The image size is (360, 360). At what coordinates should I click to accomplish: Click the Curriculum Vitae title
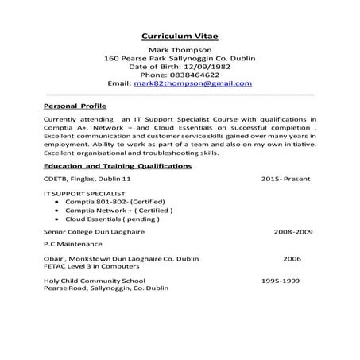179,37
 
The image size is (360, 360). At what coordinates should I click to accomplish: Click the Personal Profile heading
75,105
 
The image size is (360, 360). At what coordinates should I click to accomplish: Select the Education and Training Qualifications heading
118,166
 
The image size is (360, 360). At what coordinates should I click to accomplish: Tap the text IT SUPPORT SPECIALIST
84,194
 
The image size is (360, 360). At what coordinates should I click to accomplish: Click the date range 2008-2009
292,232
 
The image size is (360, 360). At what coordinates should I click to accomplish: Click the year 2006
292,258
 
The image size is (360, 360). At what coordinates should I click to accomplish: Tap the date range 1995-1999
281,281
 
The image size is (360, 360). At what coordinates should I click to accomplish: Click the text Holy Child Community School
95,281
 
